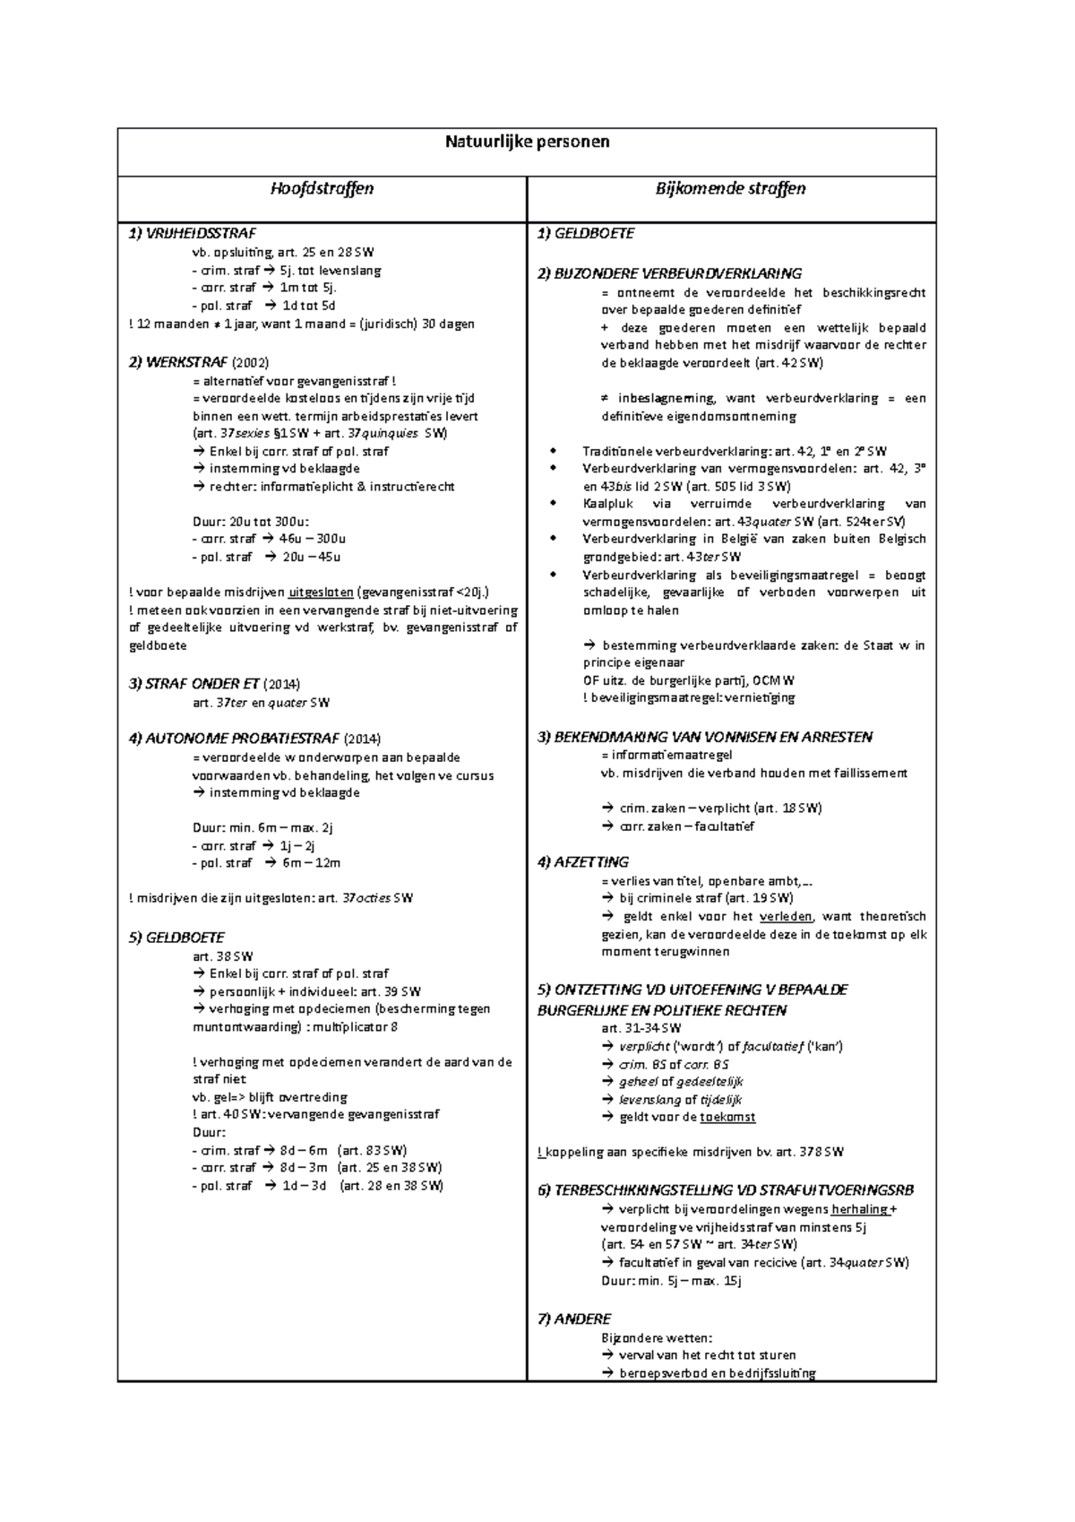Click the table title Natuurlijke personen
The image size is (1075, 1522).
pos(528,142)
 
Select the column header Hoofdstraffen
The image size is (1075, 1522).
pos(322,188)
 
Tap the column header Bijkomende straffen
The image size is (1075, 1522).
pos(731,188)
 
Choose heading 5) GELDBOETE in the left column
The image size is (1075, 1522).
pos(176,938)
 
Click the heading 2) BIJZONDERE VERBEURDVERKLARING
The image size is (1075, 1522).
pos(669,274)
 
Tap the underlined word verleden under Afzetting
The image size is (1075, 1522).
pos(786,916)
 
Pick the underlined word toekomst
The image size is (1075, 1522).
pos(727,1118)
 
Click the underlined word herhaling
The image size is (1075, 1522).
pos(860,1209)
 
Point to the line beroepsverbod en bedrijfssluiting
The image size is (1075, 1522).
pos(718,1373)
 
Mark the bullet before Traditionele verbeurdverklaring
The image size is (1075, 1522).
pos(555,452)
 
